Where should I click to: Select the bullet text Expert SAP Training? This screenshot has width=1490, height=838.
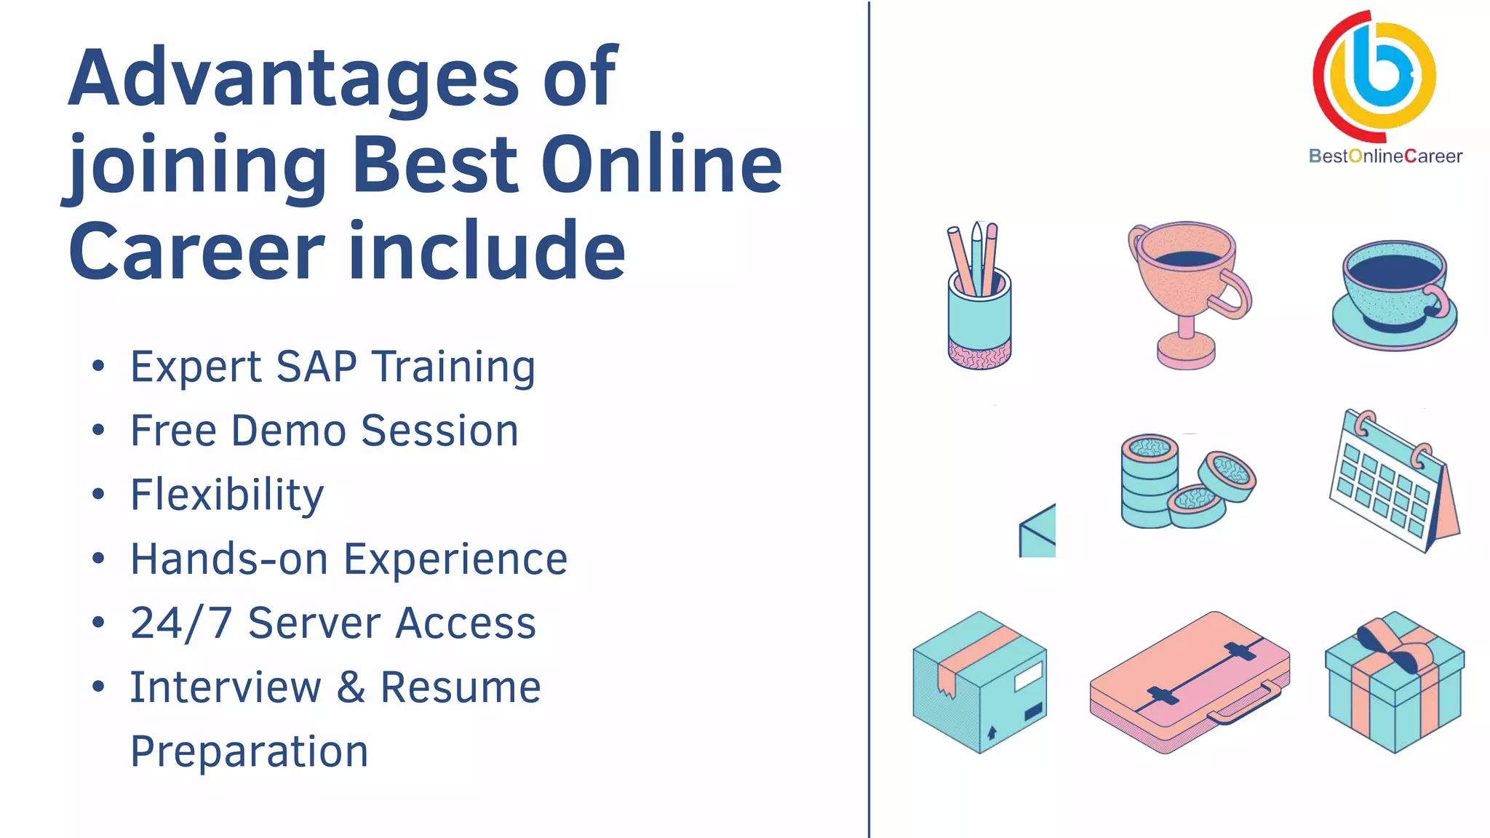[332, 367]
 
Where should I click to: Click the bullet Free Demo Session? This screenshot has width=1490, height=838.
[324, 431]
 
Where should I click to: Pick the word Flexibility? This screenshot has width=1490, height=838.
[227, 495]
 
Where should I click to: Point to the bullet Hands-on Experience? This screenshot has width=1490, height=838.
[348, 559]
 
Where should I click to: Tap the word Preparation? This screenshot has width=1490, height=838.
[249, 751]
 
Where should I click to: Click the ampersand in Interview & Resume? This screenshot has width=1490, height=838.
[351, 687]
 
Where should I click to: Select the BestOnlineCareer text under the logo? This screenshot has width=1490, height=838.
[1385, 156]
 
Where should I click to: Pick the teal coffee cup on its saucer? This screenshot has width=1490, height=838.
[1394, 295]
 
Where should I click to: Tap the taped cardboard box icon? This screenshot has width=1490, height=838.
[979, 682]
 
